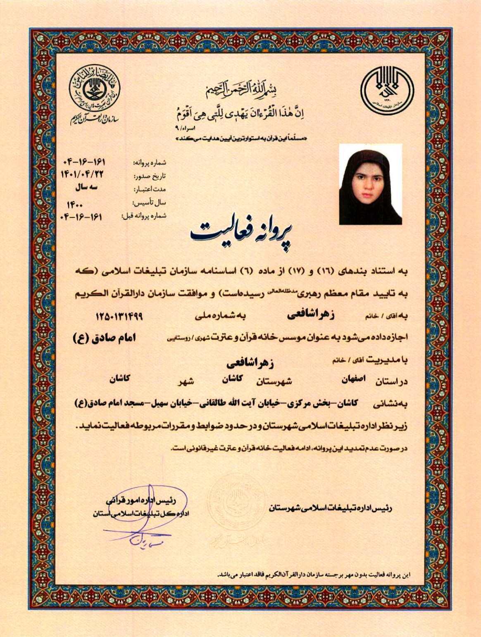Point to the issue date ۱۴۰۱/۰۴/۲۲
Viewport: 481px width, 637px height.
tap(81, 174)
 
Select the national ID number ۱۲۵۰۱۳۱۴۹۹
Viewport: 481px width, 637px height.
tap(119, 316)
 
